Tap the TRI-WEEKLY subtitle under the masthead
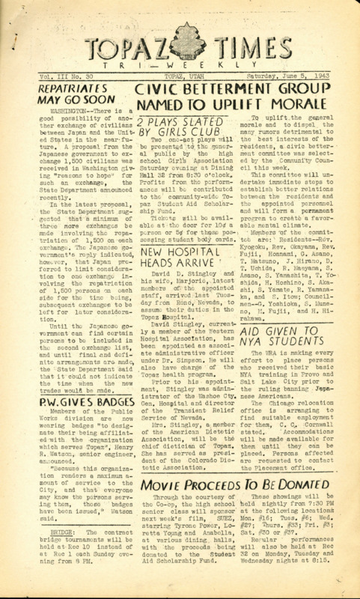[x=180, y=54]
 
